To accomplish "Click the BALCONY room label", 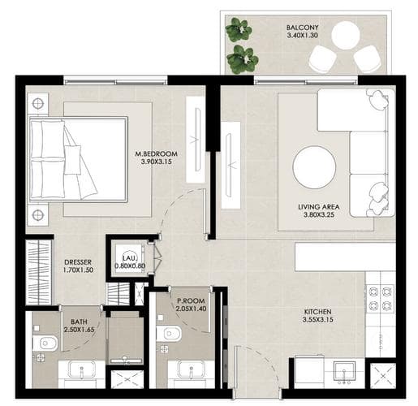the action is (302, 28).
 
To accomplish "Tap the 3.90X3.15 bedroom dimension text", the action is (157, 162).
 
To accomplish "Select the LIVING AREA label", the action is (318, 207).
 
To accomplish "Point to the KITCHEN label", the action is (317, 312).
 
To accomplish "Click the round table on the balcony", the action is (346, 35).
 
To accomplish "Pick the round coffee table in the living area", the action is (314, 167).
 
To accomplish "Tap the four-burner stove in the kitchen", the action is (381, 298).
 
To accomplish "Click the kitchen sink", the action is (344, 370).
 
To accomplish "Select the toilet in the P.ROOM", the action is (169, 334).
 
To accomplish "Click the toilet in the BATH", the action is (45, 343).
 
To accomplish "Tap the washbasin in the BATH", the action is (81, 370).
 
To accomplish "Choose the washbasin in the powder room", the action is (191, 370).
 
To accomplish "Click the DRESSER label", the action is (78, 262).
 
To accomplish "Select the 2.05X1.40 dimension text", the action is (191, 309).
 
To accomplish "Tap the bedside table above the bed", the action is (38, 104).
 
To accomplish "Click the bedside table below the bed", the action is (38, 214).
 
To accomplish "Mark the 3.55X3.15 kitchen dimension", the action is (317, 320).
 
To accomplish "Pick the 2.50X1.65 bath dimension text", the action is (79, 330).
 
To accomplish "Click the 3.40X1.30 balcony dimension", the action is (302, 35).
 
